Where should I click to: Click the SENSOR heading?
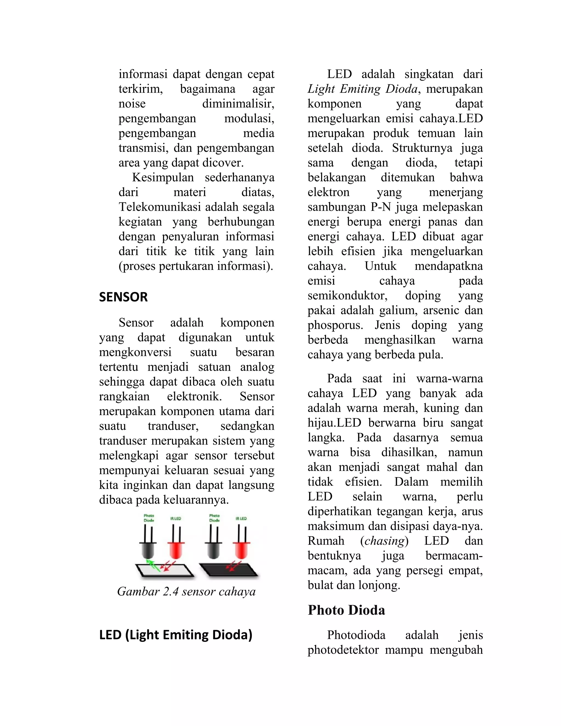coord(123,297)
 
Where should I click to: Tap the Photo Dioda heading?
coord(346,610)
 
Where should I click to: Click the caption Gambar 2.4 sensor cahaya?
coord(187,591)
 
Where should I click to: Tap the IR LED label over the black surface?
coord(241,519)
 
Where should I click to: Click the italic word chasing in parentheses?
coord(384,541)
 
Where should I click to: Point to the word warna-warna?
coord(449,378)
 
